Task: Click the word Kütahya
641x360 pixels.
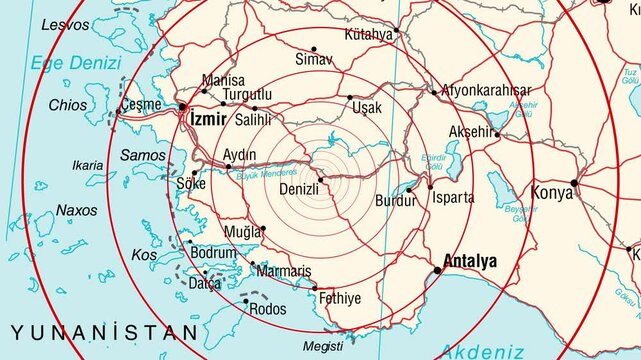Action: [x=368, y=34]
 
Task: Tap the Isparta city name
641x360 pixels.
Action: [x=453, y=197]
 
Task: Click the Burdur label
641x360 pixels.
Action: [x=394, y=201]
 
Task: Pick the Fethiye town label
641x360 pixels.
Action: [x=339, y=298]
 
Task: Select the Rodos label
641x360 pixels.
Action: [x=266, y=309]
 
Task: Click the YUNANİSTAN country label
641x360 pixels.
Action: [x=105, y=331]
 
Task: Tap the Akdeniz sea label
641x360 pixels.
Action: [x=481, y=350]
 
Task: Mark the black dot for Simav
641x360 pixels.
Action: [x=313, y=49]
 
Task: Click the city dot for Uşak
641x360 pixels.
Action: [x=350, y=98]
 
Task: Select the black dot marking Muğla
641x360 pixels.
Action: [x=263, y=229]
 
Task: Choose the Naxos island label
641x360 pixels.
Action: [x=77, y=210]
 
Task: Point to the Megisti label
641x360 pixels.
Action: [x=322, y=346]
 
